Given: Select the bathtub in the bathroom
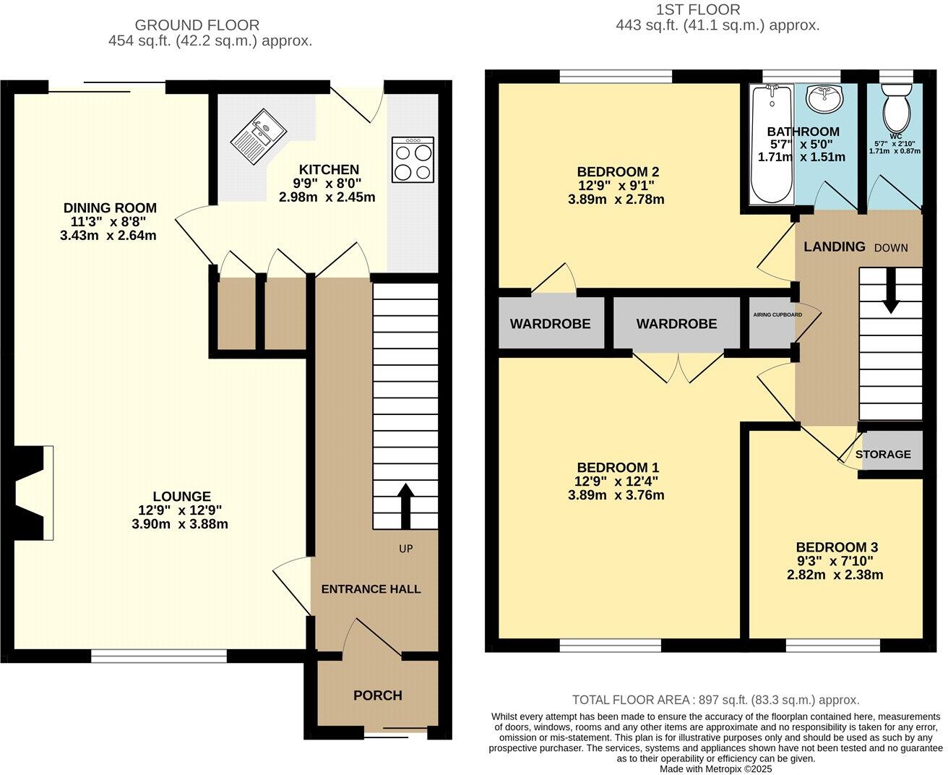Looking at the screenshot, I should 772,145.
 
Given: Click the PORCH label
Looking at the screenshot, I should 377,695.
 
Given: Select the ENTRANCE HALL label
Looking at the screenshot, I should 371,589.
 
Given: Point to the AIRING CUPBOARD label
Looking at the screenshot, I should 773,315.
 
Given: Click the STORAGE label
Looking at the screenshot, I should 883,454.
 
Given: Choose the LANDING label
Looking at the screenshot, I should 835,247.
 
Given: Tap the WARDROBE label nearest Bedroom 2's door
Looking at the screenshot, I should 550,324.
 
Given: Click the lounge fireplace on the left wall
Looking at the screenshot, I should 30,493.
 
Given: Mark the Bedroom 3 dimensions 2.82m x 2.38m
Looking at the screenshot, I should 835,575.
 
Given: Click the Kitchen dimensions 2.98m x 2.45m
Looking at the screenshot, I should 327,197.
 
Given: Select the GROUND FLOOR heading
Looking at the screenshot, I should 197,26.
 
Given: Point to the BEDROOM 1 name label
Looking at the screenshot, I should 617,468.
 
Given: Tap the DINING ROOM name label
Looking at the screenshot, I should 110,208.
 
